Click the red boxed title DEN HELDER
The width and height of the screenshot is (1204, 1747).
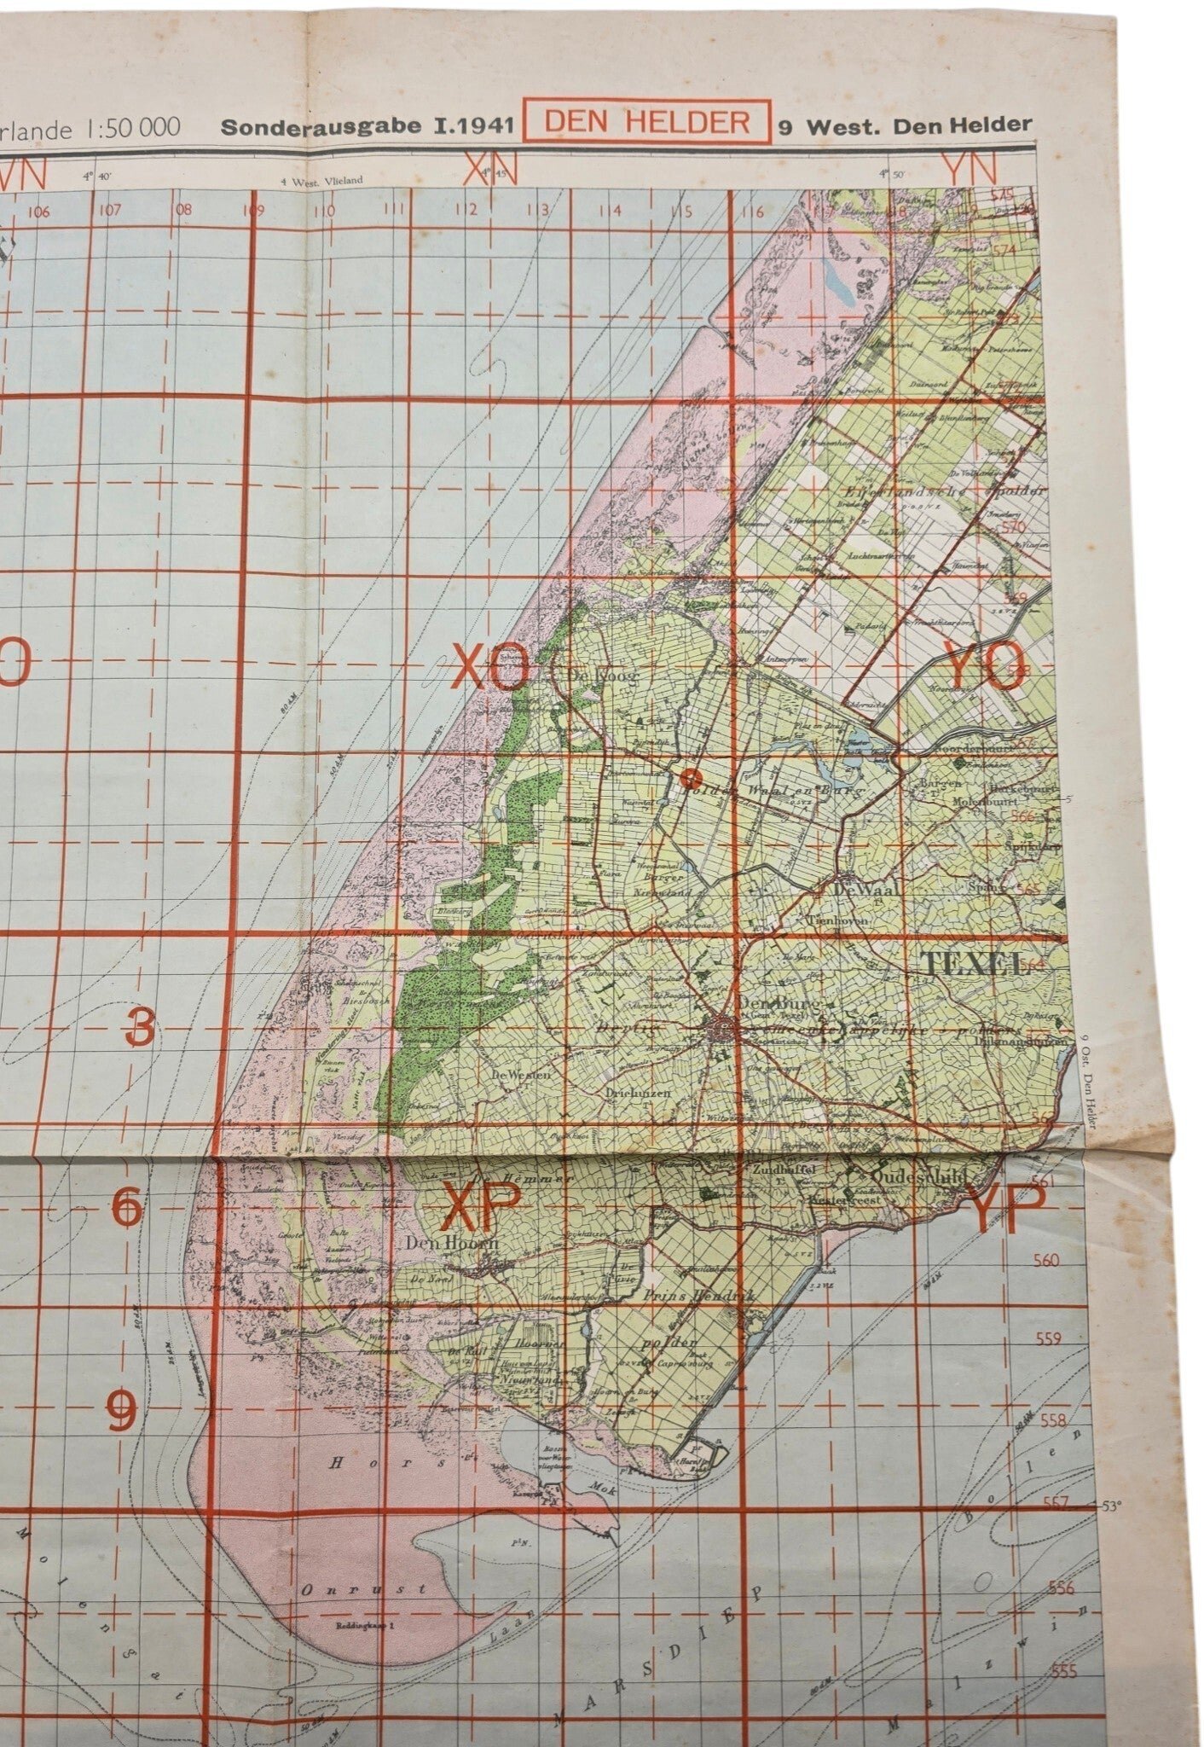point(646,121)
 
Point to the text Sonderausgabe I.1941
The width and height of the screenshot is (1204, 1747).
point(367,126)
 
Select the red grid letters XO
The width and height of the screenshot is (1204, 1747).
point(491,667)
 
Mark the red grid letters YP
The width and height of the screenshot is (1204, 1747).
point(1009,1210)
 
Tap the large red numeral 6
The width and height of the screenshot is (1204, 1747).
point(127,1209)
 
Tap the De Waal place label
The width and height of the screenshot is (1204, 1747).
point(869,889)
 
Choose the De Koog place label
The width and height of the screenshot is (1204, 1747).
point(591,673)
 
